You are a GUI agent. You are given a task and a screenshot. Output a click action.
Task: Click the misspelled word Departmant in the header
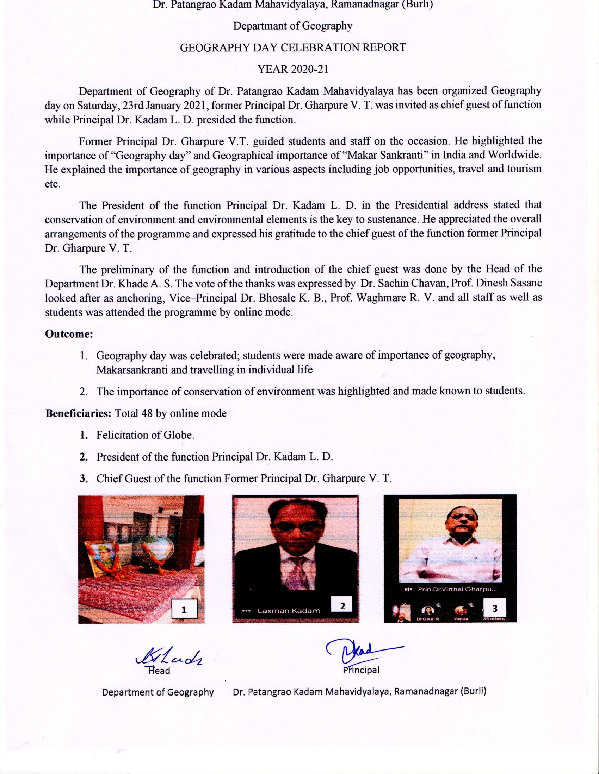pos(258,26)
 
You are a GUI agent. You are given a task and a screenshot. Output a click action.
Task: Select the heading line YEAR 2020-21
pos(292,69)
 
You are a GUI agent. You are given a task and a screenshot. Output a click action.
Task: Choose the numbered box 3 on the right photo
pos(495,608)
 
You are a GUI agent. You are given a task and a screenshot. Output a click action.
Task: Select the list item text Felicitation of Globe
pos(145,435)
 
